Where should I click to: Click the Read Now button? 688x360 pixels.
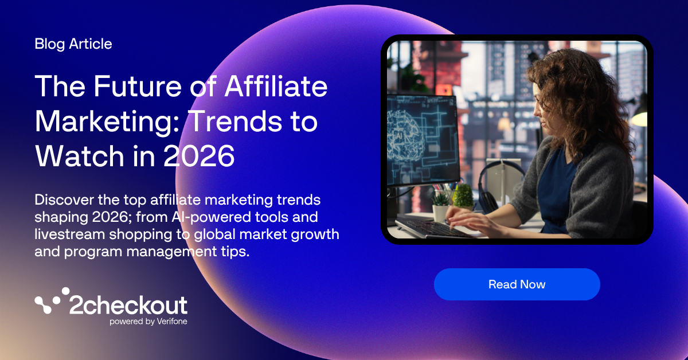(517, 284)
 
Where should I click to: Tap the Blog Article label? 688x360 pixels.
(73, 44)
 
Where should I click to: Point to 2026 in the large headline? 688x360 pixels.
(199, 156)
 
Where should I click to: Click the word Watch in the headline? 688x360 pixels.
(80, 156)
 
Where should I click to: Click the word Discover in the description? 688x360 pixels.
(64, 199)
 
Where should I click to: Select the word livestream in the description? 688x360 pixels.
(70, 234)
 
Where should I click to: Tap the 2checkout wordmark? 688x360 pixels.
(128, 306)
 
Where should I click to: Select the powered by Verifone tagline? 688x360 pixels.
(148, 322)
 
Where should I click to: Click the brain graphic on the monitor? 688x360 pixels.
(405, 135)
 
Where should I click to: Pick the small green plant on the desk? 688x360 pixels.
(463, 195)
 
